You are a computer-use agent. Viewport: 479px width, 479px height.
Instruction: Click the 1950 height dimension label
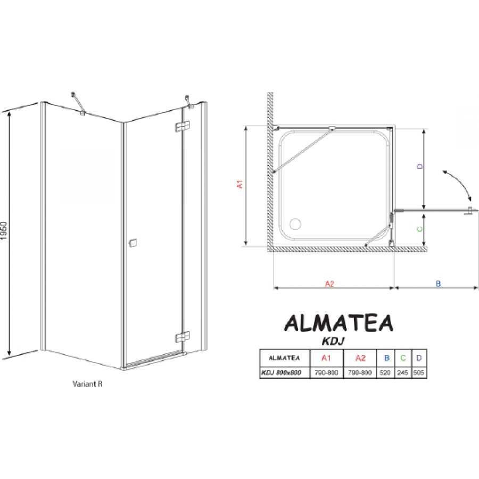pos(4,230)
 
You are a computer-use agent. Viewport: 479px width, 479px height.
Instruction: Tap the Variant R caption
pos(87,384)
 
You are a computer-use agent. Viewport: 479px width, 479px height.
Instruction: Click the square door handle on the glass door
pos(133,243)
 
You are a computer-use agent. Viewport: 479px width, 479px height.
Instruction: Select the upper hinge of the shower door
pos(183,126)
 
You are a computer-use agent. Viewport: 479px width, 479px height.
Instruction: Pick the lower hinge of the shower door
pos(183,337)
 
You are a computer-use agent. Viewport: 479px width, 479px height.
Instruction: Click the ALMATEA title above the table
pos(338,323)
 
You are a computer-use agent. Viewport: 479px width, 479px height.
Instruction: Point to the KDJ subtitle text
pos(333,341)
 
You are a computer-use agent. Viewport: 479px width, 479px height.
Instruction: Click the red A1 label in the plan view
pos(240,184)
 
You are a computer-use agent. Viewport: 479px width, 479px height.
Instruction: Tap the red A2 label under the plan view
pos(329,284)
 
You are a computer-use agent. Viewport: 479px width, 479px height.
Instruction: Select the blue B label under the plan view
pos(439,284)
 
